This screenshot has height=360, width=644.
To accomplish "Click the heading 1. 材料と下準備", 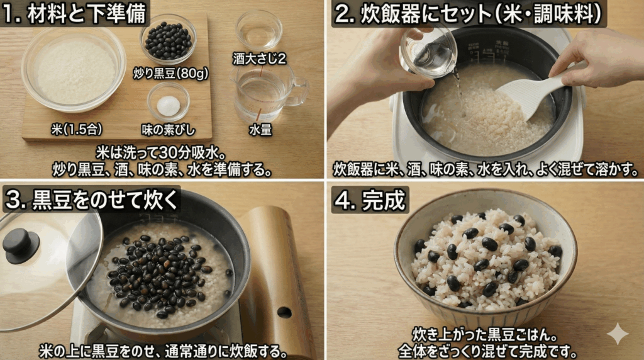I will point(75,14).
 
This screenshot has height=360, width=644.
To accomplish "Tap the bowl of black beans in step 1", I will point(168,41).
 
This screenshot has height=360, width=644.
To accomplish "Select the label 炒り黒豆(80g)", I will point(170,73).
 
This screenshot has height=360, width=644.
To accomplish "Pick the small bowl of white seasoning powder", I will point(168,103).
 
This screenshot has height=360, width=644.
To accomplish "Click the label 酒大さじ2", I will point(259,59).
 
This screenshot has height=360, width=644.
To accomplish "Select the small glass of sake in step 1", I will point(258,30).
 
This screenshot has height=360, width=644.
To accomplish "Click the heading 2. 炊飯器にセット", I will point(469,14).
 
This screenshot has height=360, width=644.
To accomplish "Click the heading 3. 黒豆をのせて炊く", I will point(92,198).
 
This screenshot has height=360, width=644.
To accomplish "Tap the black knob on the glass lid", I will point(21,244).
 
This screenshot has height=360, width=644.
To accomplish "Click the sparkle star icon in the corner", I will point(617,334).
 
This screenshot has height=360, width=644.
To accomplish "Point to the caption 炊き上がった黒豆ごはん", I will point(486,333).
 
